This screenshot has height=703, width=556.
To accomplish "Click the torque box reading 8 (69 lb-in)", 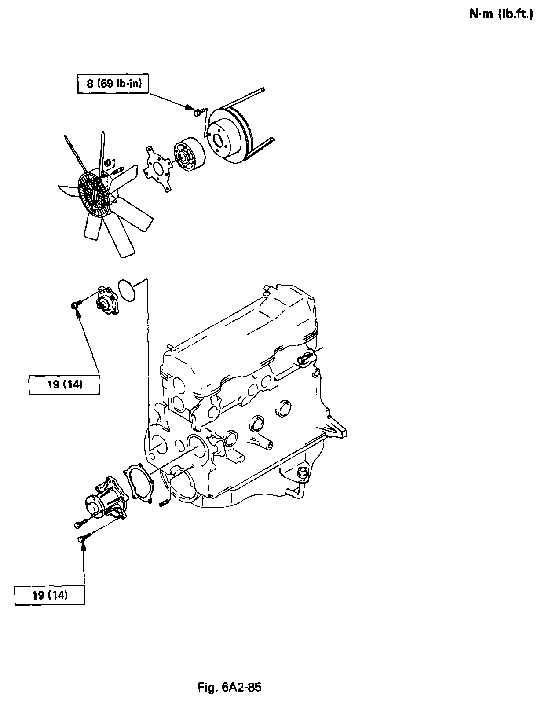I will click(113, 84).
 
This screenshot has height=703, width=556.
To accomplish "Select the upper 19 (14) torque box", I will click(64, 384).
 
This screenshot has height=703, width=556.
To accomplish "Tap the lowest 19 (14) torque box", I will click(50, 596).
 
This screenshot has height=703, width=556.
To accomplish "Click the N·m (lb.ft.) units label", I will click(501, 15).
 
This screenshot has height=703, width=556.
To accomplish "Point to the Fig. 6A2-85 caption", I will click(229, 687).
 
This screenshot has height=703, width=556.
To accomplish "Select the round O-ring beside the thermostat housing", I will click(128, 290).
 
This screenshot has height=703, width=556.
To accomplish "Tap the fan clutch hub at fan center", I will click(92, 194).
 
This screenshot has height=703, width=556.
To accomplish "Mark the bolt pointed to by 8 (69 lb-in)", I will click(198, 113).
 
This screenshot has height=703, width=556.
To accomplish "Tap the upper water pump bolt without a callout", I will click(79, 524).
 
